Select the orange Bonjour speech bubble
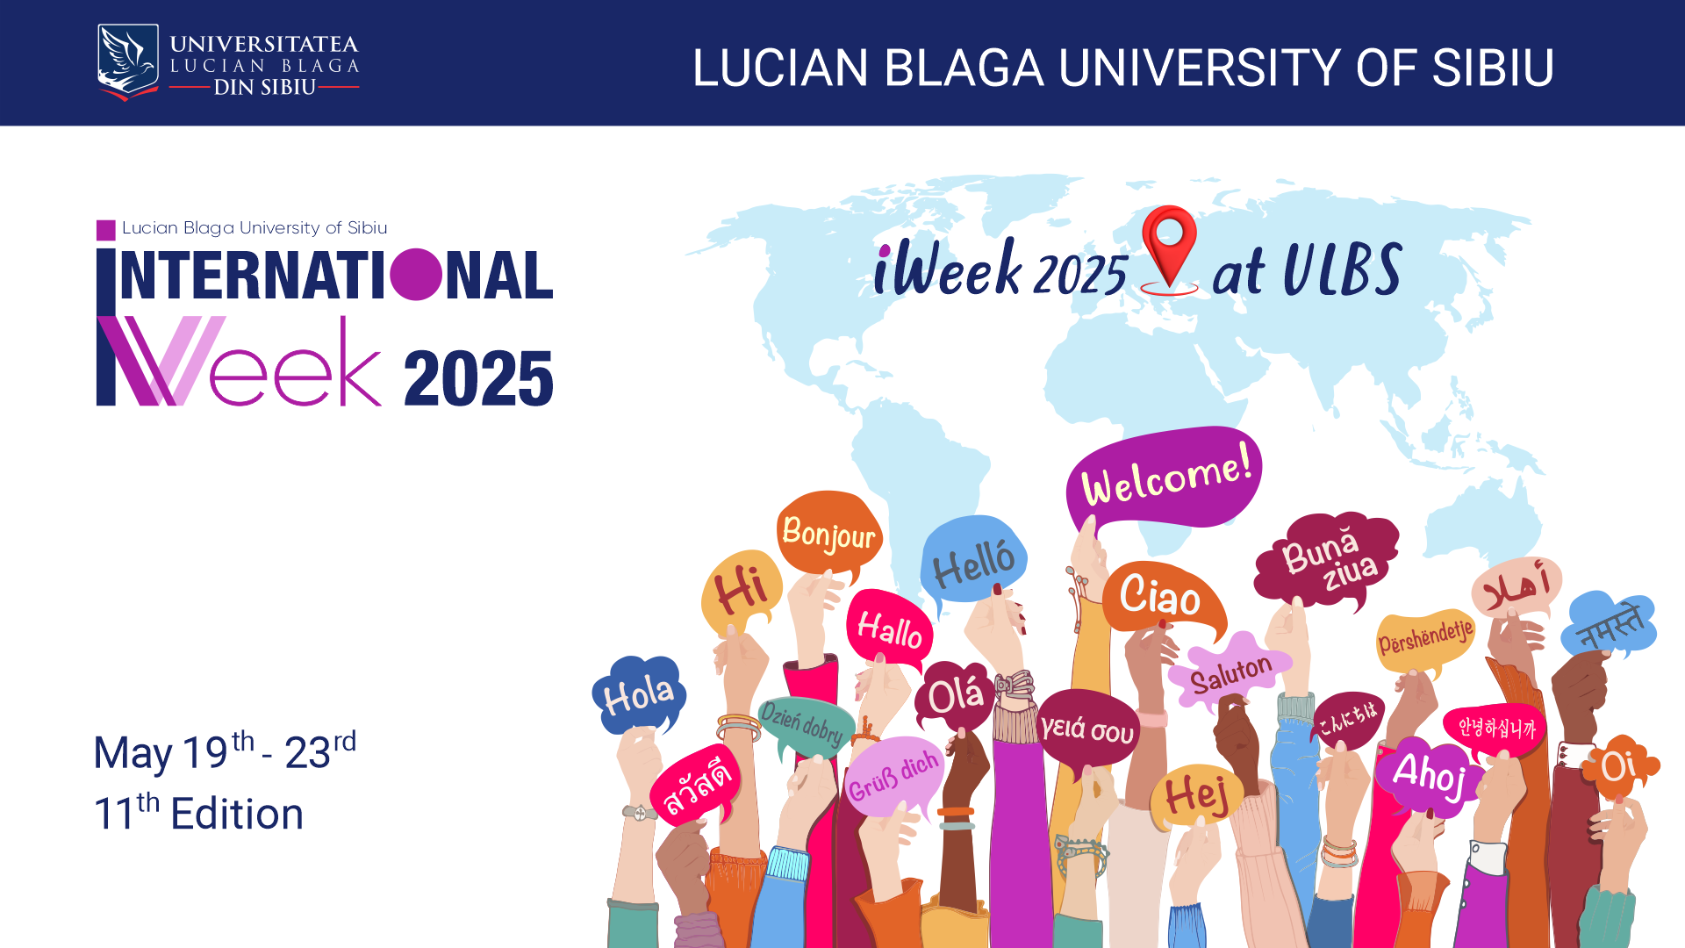[828, 532]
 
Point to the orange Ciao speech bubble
[1160, 597]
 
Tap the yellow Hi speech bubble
[742, 590]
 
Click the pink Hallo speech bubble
[889, 628]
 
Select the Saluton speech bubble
[1230, 672]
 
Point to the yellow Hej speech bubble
[1195, 795]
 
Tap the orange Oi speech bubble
[1619, 766]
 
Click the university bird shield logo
[128, 61]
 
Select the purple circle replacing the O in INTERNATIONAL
[416, 275]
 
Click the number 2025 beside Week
[478, 378]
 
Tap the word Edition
[237, 814]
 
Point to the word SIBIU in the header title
[1493, 68]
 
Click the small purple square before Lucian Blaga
[105, 230]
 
